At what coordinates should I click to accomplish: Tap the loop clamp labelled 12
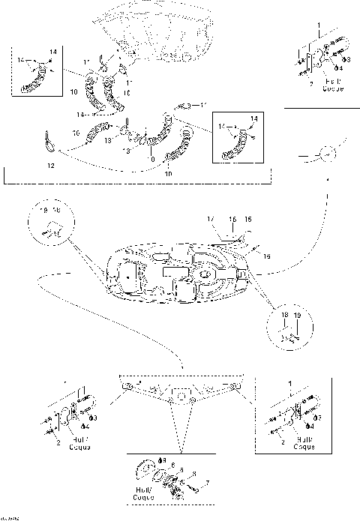pyautogui.click(x=49, y=139)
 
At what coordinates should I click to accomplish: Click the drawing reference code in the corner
pyautogui.click(x=10, y=517)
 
